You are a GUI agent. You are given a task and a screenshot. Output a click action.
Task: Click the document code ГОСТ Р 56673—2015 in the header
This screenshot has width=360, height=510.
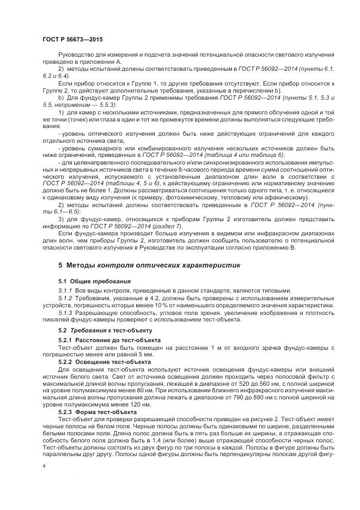pyautogui.click(x=72, y=40)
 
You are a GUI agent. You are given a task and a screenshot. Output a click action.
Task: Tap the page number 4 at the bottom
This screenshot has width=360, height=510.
pyautogui.click(x=44, y=466)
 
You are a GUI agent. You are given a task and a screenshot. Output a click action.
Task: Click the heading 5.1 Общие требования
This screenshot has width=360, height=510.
pyautogui.click(x=94, y=281)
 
